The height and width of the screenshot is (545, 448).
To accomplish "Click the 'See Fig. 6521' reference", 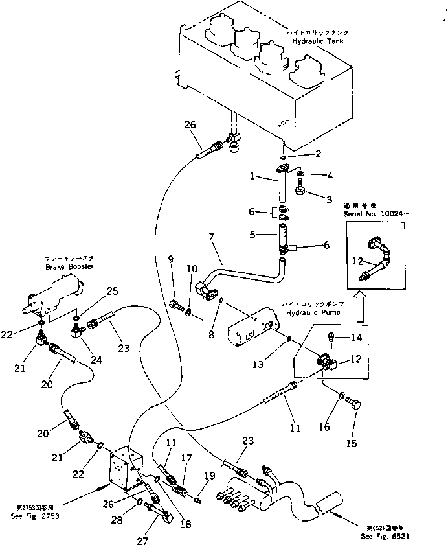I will (385, 537).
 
